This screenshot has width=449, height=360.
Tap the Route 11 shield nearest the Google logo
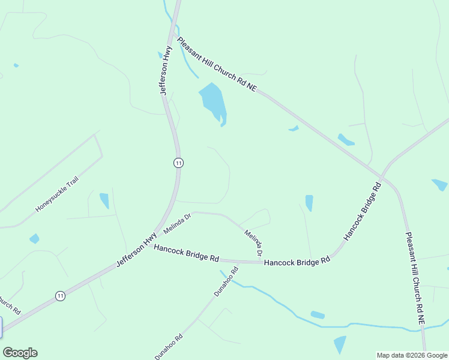click(59, 295)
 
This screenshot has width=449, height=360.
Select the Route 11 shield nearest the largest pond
click(178, 163)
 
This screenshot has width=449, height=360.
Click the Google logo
click(20, 353)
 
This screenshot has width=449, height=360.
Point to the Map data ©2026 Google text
click(412, 355)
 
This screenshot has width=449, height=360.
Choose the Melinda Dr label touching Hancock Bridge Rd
click(253, 243)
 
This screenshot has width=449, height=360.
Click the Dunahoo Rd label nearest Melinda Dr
click(226, 282)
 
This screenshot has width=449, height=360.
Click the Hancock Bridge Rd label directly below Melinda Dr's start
click(186, 253)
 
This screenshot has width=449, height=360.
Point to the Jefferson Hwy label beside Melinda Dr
click(128, 254)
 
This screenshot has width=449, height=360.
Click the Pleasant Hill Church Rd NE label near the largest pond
click(217, 64)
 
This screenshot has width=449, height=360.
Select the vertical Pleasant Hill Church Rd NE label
click(415, 279)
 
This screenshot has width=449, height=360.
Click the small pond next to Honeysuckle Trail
click(104, 200)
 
